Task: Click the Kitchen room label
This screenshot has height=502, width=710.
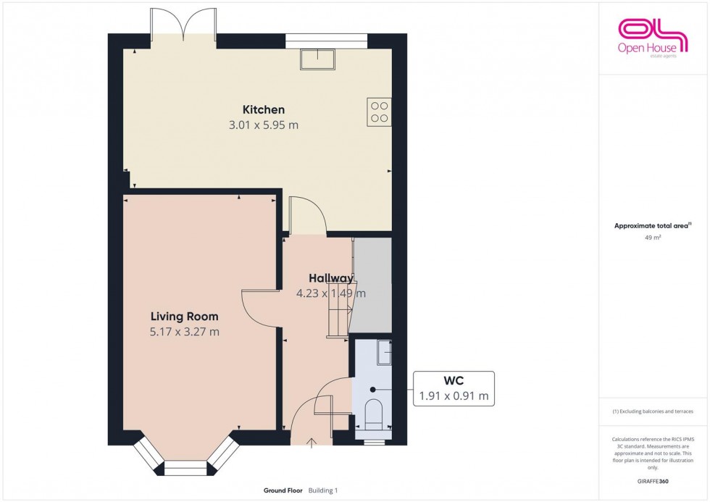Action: click(263, 110)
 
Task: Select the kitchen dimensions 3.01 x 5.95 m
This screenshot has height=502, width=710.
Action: click(263, 125)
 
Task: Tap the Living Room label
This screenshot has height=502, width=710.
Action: click(184, 317)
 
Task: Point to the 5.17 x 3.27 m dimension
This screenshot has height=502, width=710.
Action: click(184, 332)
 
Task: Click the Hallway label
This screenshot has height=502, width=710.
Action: click(330, 278)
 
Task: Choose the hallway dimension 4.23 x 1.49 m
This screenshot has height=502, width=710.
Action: click(330, 293)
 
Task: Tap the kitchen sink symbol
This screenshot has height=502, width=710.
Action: click(317, 58)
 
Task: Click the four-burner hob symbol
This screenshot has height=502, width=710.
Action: click(379, 111)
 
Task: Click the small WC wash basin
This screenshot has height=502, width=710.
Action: click(385, 353)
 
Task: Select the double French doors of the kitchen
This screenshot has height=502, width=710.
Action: click(184, 25)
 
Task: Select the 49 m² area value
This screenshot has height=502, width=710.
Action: click(653, 237)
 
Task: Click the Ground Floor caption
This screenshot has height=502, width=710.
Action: click(283, 490)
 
